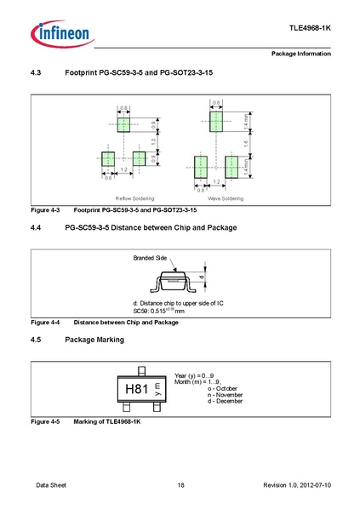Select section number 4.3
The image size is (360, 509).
coord(37,74)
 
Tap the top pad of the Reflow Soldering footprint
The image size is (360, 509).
coord(124,125)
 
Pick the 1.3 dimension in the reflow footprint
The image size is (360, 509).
coord(152,141)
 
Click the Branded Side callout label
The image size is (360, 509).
coord(150,256)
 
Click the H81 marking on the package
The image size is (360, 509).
coord(138,389)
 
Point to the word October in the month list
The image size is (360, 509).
coord(200,388)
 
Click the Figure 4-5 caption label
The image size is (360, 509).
coord(44,421)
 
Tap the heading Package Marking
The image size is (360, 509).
coord(94,340)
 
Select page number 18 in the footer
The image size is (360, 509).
coord(180,485)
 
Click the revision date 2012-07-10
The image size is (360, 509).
coord(311,485)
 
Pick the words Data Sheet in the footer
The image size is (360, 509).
coord(51,485)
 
